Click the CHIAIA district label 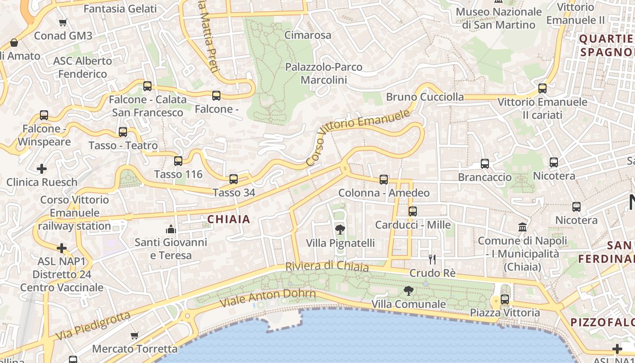[x=229, y=220]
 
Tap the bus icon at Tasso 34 [x=234, y=179]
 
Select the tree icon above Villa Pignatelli [x=340, y=230]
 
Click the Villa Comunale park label [x=409, y=304]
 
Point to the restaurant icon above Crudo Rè [x=432, y=260]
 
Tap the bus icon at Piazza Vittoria [x=505, y=299]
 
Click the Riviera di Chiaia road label [x=327, y=266]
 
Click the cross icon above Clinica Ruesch [x=42, y=169]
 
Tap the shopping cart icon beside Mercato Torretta [x=134, y=336]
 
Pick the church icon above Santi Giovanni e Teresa [x=171, y=229]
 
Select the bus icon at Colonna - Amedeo [x=384, y=180]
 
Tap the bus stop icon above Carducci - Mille [x=412, y=211]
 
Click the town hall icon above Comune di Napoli [x=523, y=227]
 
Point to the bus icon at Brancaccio [x=485, y=164]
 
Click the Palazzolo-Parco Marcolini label [x=323, y=74]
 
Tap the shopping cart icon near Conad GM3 [x=63, y=22]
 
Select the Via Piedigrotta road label [x=93, y=326]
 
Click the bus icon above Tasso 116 [x=178, y=161]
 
